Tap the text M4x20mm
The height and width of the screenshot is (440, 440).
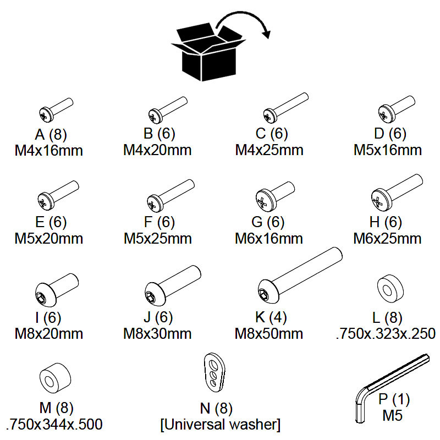pyautogui.click(x=158, y=150)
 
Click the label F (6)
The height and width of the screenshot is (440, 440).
pyautogui.click(x=158, y=223)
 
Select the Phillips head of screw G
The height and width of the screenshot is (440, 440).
pyautogui.click(x=263, y=202)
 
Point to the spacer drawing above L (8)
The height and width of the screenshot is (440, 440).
pyautogui.click(x=389, y=287)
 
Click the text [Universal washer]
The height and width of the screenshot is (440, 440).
pyautogui.click(x=220, y=425)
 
